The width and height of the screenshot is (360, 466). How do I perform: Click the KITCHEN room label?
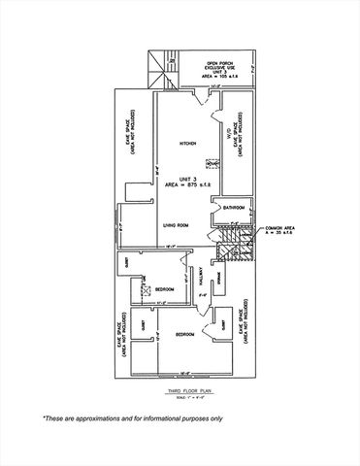point(187,144)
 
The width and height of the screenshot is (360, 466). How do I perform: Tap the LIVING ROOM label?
point(175,224)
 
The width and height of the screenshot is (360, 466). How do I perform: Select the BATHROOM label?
point(233,208)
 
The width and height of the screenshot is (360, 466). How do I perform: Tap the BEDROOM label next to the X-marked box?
point(164,288)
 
